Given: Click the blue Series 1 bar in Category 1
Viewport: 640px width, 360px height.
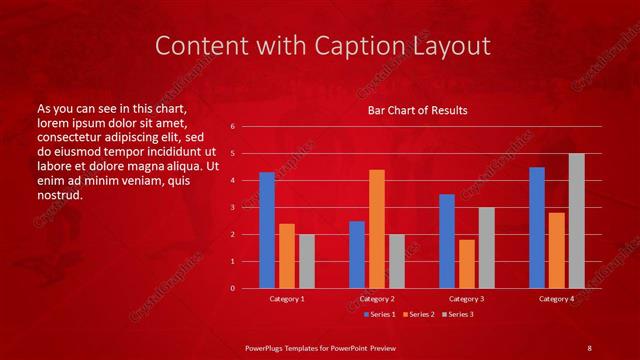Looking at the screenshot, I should click(267, 230).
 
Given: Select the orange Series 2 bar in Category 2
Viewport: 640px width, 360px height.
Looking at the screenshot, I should click(376, 229).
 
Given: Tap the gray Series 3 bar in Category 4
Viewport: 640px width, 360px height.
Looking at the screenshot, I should click(576, 221).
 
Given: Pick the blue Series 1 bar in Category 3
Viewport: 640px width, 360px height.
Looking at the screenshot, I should click(447, 241).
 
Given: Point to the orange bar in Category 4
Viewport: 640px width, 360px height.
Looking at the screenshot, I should click(557, 250).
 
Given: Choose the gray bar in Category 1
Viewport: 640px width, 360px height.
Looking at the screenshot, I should click(306, 261).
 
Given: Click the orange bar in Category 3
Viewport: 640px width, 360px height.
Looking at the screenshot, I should click(466, 264).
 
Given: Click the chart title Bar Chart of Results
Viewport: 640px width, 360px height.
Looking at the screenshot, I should click(411, 111).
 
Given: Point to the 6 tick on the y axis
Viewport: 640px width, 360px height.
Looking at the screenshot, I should click(232, 127).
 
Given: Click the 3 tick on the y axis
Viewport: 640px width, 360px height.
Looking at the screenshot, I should click(232, 207).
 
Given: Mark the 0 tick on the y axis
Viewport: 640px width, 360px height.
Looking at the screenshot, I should click(232, 288).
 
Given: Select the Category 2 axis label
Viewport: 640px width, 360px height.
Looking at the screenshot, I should click(376, 299).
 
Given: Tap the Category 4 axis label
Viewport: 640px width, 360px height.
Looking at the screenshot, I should click(557, 299).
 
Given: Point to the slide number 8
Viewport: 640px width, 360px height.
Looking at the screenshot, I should click(589, 347).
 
